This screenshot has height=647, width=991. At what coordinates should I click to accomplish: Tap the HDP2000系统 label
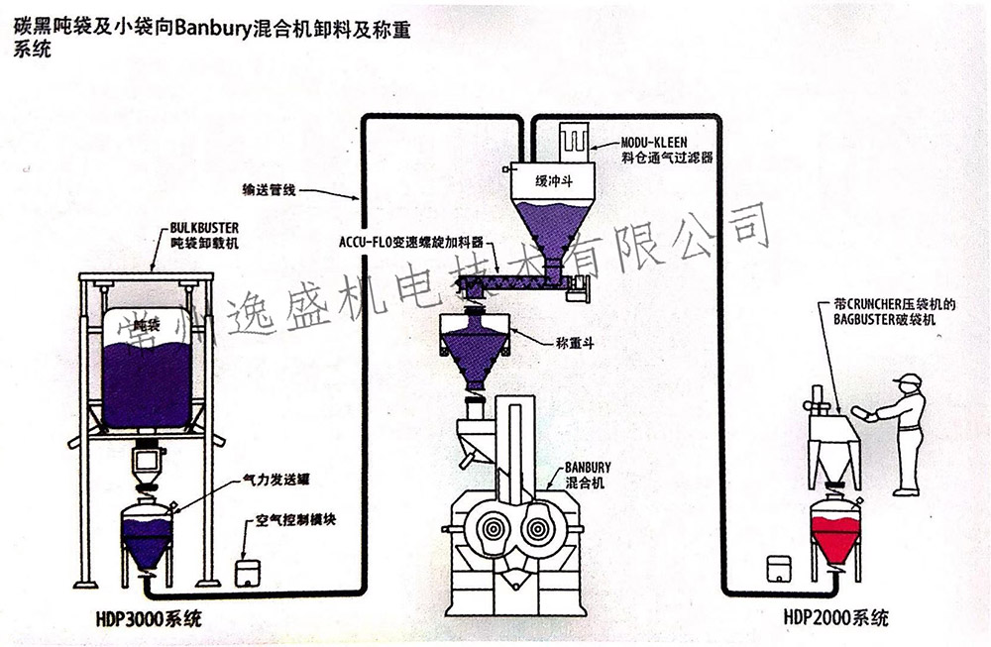835,616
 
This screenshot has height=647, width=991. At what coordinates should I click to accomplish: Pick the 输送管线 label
271,188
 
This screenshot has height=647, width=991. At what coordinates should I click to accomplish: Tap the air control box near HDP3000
247,572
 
